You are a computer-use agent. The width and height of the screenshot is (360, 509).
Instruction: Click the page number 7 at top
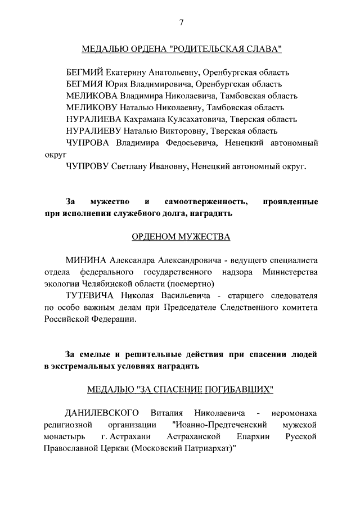click(x=181, y=22)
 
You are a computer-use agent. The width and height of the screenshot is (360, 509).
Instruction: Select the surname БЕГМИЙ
click(x=85, y=73)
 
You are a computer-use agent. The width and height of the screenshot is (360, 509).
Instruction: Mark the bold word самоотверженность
click(x=206, y=201)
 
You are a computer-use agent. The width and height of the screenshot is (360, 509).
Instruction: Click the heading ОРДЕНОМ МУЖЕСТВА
click(x=181, y=237)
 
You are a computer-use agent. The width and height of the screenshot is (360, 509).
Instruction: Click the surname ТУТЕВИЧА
click(x=89, y=296)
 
